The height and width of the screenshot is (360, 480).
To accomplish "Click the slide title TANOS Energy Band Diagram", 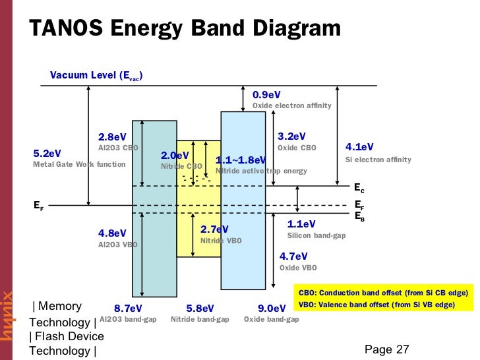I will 185,28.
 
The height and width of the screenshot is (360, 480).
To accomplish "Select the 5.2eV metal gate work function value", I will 47,154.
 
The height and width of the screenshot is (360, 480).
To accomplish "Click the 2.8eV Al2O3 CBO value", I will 112,137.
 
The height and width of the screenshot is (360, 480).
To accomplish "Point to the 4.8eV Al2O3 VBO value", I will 112,233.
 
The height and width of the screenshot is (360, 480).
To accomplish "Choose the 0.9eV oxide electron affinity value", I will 267,95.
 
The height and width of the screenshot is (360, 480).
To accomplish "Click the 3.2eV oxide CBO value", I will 291,136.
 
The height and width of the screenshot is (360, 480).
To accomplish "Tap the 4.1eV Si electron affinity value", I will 359,147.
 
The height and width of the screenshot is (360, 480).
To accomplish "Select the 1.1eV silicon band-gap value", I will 301,224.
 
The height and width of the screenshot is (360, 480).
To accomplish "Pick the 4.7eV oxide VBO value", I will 294,256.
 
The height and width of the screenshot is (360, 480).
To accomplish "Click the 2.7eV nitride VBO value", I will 214,229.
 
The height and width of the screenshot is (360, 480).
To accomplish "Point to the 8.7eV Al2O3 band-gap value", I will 128,308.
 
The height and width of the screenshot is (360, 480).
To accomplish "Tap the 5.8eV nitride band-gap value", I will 200,308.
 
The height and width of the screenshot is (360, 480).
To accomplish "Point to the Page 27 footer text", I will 387,349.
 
